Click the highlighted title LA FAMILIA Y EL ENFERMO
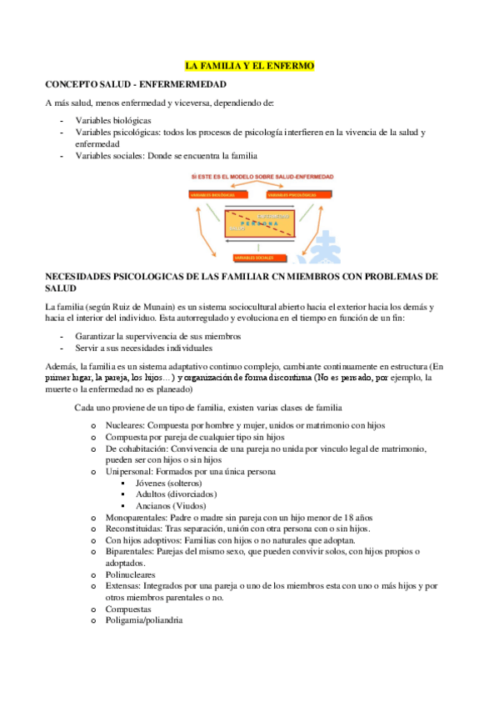pyautogui.click(x=249, y=64)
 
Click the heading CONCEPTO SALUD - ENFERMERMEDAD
pyautogui.click(x=136, y=84)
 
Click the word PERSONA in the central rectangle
pyautogui.click(x=259, y=223)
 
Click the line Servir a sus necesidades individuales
pyautogui.click(x=143, y=348)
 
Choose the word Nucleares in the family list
pyautogui.click(x=124, y=425)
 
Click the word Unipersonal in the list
pyautogui.click(x=129, y=472)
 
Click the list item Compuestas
pyautogui.click(x=128, y=609)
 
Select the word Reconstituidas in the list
pyautogui.click(x=133, y=529)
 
